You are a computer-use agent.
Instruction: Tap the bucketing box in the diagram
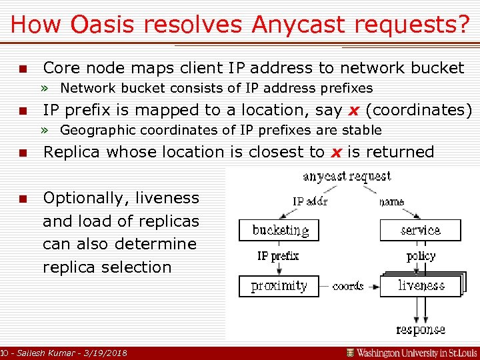click(280, 231)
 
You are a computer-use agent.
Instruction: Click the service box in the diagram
click(420, 231)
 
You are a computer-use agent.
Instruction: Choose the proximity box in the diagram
click(279, 286)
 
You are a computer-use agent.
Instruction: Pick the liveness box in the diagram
click(421, 286)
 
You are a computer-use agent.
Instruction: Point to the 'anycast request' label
click(347, 177)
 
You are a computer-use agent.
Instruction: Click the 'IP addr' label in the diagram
click(310, 201)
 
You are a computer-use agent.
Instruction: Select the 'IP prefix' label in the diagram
click(278, 256)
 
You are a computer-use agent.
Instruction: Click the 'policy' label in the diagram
click(421, 256)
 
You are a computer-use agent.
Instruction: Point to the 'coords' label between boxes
click(347, 286)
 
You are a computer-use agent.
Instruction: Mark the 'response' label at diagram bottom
click(420, 329)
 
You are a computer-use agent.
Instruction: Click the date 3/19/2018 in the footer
click(107, 353)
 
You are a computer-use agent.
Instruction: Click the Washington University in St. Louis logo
click(411, 352)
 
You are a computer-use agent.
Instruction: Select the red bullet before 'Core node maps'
click(23, 69)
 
